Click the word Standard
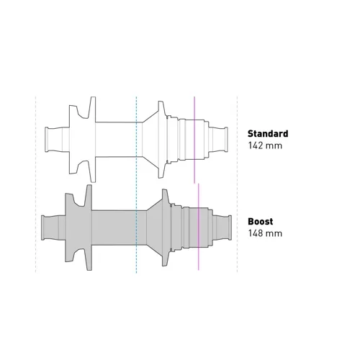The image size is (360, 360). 268,134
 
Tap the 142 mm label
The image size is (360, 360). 265,145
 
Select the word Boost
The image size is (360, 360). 261,221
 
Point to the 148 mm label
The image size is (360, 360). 265,233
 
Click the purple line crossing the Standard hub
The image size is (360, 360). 194,140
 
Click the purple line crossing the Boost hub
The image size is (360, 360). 199,227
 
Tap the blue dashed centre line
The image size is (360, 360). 136,184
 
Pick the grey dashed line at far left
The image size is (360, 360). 36,184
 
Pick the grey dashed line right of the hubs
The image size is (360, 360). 237,184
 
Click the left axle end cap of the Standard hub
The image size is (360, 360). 47,140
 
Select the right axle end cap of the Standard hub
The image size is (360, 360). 226,140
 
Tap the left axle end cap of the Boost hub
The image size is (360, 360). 42,228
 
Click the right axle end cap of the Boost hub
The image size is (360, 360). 230,228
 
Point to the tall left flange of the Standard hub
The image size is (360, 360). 93,140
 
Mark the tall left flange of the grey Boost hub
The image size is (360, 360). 89,228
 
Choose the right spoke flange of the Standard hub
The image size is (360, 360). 161,140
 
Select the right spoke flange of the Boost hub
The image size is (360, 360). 165,228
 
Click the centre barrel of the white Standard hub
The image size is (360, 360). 119,140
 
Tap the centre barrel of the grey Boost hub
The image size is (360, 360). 119,228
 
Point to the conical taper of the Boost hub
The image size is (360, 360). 154,228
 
